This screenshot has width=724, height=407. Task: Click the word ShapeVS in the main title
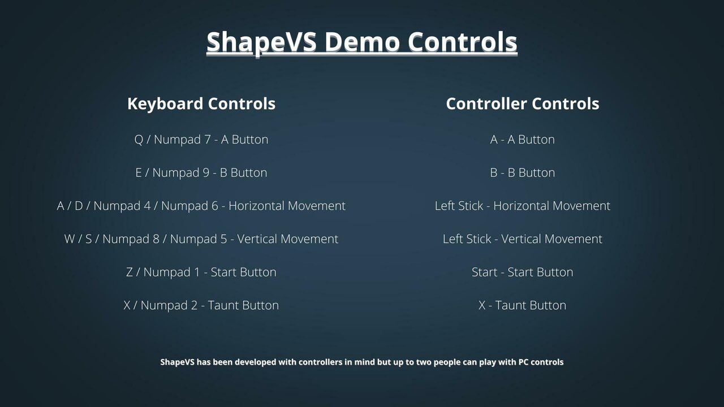pos(261,42)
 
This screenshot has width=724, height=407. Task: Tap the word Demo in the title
pos(362,42)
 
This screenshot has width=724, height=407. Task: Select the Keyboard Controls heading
pos(201,104)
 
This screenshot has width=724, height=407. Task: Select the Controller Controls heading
pos(523,103)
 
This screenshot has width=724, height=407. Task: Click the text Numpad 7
pos(182,140)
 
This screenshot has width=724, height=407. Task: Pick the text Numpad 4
pos(122,206)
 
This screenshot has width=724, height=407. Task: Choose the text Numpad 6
pos(189,206)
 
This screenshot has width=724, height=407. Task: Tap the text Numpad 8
pos(131,239)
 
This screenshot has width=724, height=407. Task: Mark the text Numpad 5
pos(199,239)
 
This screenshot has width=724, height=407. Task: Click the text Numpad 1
pos(171,272)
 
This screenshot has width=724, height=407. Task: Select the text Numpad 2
pos(169,306)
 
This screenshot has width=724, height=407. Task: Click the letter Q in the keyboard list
pos(139,140)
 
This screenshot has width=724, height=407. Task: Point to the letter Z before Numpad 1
pos(130,272)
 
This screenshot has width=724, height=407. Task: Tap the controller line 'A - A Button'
pos(522,140)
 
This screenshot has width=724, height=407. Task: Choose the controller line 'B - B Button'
pos(522,173)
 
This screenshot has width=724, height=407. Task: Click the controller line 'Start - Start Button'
pos(522,272)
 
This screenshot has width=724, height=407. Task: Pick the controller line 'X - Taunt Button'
pos(522,305)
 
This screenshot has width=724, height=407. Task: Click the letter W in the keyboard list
pos(70,239)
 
